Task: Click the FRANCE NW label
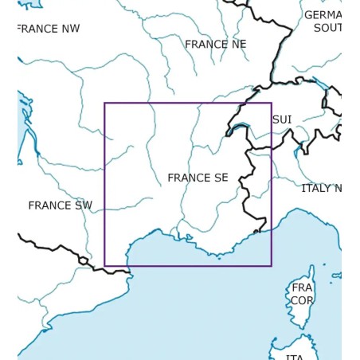point(49,29)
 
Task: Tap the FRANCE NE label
point(216,45)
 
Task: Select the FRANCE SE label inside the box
point(198,178)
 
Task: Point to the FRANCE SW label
point(61,205)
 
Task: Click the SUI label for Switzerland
point(282,119)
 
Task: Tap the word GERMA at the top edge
point(323,15)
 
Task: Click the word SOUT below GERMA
point(327,28)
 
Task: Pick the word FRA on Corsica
point(302,288)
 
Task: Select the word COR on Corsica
point(302,300)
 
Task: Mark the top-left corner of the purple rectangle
point(105,104)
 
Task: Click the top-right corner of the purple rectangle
point(272,104)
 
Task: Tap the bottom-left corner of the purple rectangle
point(105,265)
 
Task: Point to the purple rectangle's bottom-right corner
point(272,265)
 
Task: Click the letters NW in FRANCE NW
point(70,29)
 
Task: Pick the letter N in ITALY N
point(337,189)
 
